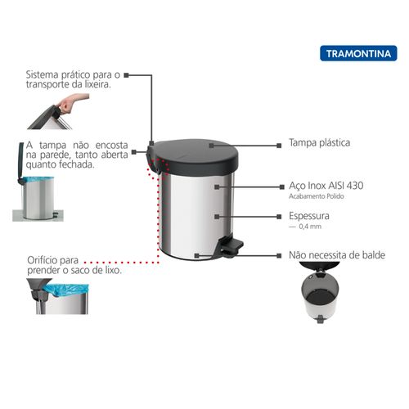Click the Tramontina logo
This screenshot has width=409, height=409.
pyautogui.click(x=358, y=53)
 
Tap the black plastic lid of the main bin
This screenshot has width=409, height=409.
pyautogui.click(x=194, y=157)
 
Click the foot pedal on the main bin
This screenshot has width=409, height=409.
pyautogui.click(x=231, y=245)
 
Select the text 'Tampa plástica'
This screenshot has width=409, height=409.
pyautogui.click(x=320, y=142)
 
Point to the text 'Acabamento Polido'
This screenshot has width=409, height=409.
pyautogui.click(x=317, y=196)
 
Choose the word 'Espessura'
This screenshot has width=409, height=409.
pyautogui.click(x=309, y=216)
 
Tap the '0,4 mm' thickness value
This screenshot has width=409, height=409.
pyautogui.click(x=310, y=227)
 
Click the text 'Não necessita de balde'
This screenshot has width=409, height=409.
pyautogui.click(x=337, y=255)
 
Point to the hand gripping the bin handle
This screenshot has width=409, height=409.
pyautogui.click(x=72, y=103)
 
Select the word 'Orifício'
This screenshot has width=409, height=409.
pyautogui.click(x=41, y=260)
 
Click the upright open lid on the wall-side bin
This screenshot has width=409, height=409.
pyautogui.click(x=21, y=161)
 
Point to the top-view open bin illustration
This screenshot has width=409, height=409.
pyautogui.click(x=320, y=292)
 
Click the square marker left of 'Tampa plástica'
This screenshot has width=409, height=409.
pyautogui.click(x=279, y=146)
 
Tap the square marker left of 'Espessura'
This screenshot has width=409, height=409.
pyautogui.click(x=279, y=217)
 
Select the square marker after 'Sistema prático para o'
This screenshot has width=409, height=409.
pyautogui.click(x=126, y=75)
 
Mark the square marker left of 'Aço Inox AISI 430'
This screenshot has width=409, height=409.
pyautogui.click(x=282, y=187)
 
